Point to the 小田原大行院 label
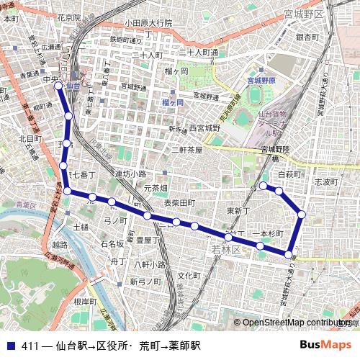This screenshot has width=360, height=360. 148,22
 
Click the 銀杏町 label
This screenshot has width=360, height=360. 307,37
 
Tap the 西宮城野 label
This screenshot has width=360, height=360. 204,128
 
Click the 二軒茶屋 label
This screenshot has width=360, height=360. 186,150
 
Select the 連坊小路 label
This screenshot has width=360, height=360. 130,174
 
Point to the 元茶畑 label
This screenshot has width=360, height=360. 156,188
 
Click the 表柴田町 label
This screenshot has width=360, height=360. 179,203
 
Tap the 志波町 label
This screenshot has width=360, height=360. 326,183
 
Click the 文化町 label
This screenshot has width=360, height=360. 189,276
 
